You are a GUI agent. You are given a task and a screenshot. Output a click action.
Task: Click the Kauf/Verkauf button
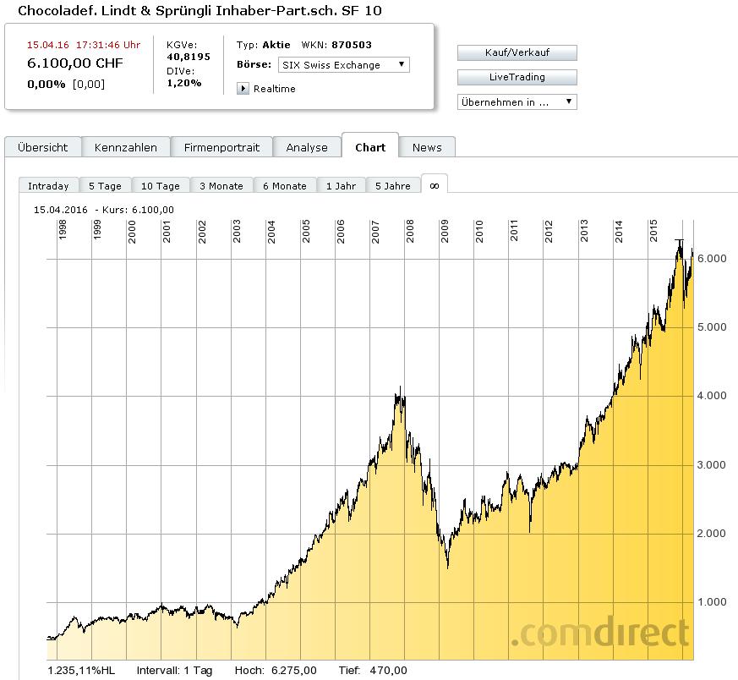[x=517, y=52]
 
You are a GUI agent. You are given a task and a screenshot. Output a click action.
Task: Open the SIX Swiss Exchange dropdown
[x=343, y=64]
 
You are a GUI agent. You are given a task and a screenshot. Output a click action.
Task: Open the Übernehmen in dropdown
[x=517, y=101]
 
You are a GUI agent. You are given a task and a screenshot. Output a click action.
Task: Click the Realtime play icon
[x=243, y=89]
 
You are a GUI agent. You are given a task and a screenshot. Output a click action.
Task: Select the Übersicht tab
[x=42, y=147]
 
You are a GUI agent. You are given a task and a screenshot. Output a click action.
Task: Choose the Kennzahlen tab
[x=126, y=147]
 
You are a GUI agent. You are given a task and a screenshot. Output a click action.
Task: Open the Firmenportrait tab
[x=222, y=147]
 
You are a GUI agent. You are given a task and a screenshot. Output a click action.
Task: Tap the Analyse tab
[x=307, y=147]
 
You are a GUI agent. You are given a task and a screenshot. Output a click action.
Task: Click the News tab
[x=427, y=147]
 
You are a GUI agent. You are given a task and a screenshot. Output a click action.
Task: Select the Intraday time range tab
[x=48, y=186]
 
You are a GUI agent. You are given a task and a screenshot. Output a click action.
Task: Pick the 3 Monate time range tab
[x=221, y=186]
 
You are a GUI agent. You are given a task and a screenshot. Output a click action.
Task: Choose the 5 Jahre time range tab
[x=393, y=186]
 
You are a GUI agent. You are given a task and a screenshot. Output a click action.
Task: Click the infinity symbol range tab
[x=435, y=185]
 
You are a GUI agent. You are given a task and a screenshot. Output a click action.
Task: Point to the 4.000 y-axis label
[x=712, y=396]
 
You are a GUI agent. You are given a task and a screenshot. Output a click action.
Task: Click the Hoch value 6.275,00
[x=293, y=671]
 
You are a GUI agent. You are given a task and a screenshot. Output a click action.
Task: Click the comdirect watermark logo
[x=599, y=633]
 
